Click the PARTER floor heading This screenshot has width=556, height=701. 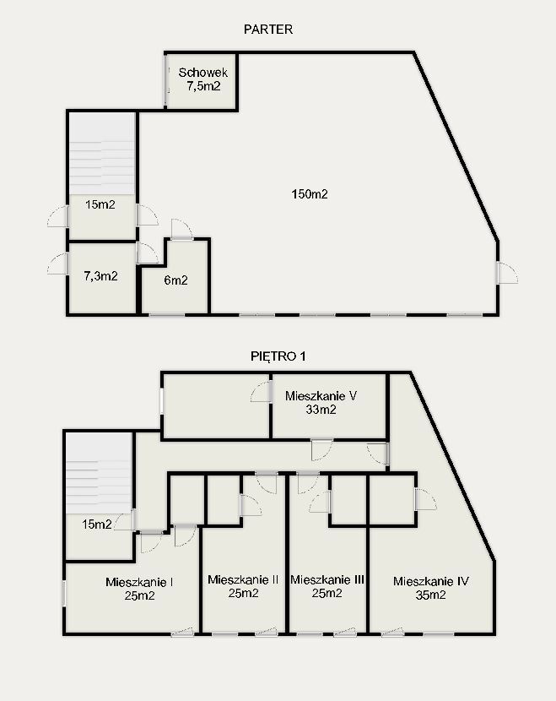pyautogui.click(x=268, y=30)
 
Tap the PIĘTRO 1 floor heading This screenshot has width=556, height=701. pyautogui.click(x=278, y=356)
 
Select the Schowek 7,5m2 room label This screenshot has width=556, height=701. pyautogui.click(x=203, y=79)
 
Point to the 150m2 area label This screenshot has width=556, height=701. pyautogui.click(x=310, y=194)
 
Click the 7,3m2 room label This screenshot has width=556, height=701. pyautogui.click(x=101, y=276)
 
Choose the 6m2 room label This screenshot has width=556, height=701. pyautogui.click(x=175, y=280)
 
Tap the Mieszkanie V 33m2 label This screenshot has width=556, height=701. pyautogui.click(x=321, y=402)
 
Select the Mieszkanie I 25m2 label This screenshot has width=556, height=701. pyautogui.click(x=140, y=589)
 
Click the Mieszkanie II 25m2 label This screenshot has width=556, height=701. pyautogui.click(x=243, y=586)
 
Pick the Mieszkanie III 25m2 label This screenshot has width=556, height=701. pyautogui.click(x=327, y=586)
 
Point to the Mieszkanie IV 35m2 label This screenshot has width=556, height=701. pyautogui.click(x=431, y=588)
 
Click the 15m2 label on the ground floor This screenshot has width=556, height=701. pyautogui.click(x=100, y=204)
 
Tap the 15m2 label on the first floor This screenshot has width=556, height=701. pyautogui.click(x=96, y=524)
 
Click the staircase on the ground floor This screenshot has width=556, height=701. pyautogui.click(x=102, y=154)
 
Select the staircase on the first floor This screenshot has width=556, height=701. pyautogui.click(x=99, y=473)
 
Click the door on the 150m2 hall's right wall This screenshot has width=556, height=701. pyautogui.click(x=507, y=273)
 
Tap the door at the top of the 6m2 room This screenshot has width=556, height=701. pyautogui.click(x=181, y=230)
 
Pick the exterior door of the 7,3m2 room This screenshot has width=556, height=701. pyautogui.click(x=58, y=264)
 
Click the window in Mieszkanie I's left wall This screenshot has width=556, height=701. pyautogui.click(x=64, y=593)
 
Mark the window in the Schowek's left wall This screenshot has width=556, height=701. pyautogui.click(x=166, y=80)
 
